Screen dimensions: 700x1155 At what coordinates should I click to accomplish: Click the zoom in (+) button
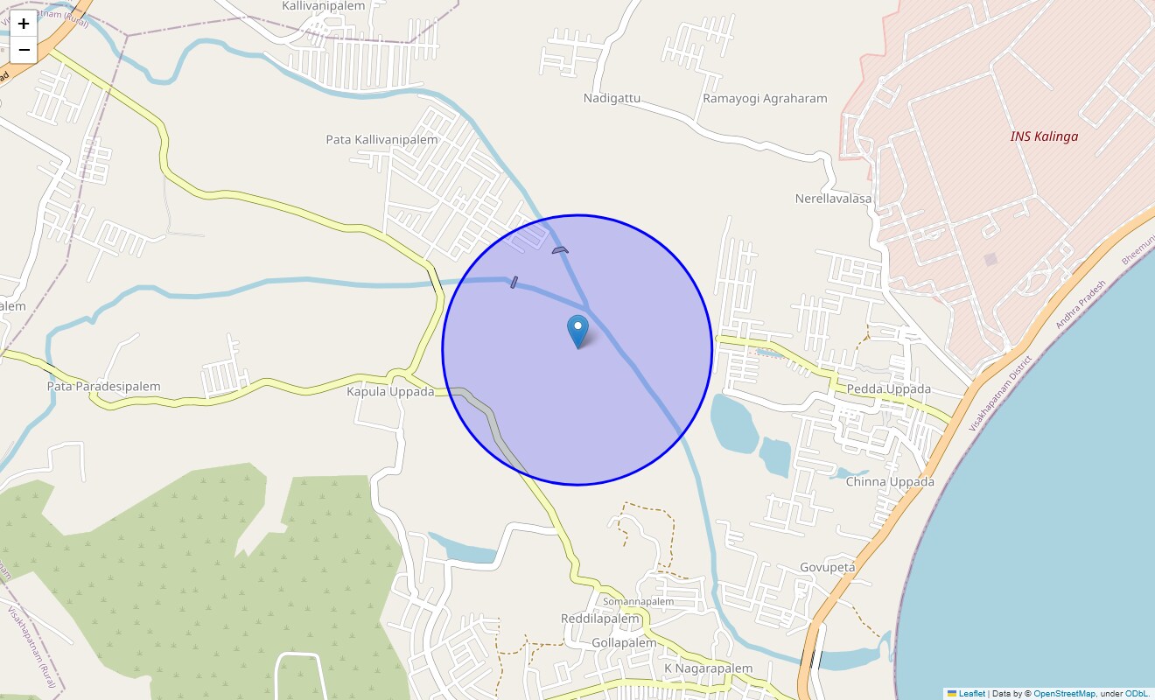click(x=24, y=24)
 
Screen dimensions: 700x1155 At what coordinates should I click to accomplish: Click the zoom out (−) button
click(x=24, y=50)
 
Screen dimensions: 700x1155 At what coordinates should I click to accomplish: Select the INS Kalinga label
click(x=1044, y=136)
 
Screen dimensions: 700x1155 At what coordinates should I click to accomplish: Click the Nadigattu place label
click(x=612, y=99)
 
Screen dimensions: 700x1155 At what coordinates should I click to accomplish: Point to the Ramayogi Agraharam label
click(x=765, y=99)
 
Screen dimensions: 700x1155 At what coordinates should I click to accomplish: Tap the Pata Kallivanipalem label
click(x=381, y=140)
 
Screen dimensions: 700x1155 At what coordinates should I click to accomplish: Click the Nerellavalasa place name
click(x=833, y=199)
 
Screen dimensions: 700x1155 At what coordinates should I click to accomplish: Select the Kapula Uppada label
click(x=390, y=392)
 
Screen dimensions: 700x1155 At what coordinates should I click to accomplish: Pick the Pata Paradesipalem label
click(x=104, y=387)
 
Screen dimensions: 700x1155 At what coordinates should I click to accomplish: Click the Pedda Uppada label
click(x=889, y=389)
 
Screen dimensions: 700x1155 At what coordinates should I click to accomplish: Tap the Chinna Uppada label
click(x=890, y=482)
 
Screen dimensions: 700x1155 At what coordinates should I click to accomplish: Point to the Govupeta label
click(x=827, y=568)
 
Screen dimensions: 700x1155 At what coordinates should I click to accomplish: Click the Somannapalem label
click(x=639, y=602)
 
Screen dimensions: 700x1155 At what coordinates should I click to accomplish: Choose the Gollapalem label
click(x=624, y=643)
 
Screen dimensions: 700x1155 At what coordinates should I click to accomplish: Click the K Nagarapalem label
click(x=708, y=669)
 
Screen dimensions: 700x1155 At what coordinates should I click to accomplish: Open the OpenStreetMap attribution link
click(x=1064, y=694)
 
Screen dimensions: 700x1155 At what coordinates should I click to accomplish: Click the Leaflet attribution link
click(x=971, y=694)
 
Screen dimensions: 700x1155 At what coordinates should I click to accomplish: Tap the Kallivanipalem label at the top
click(x=323, y=6)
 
